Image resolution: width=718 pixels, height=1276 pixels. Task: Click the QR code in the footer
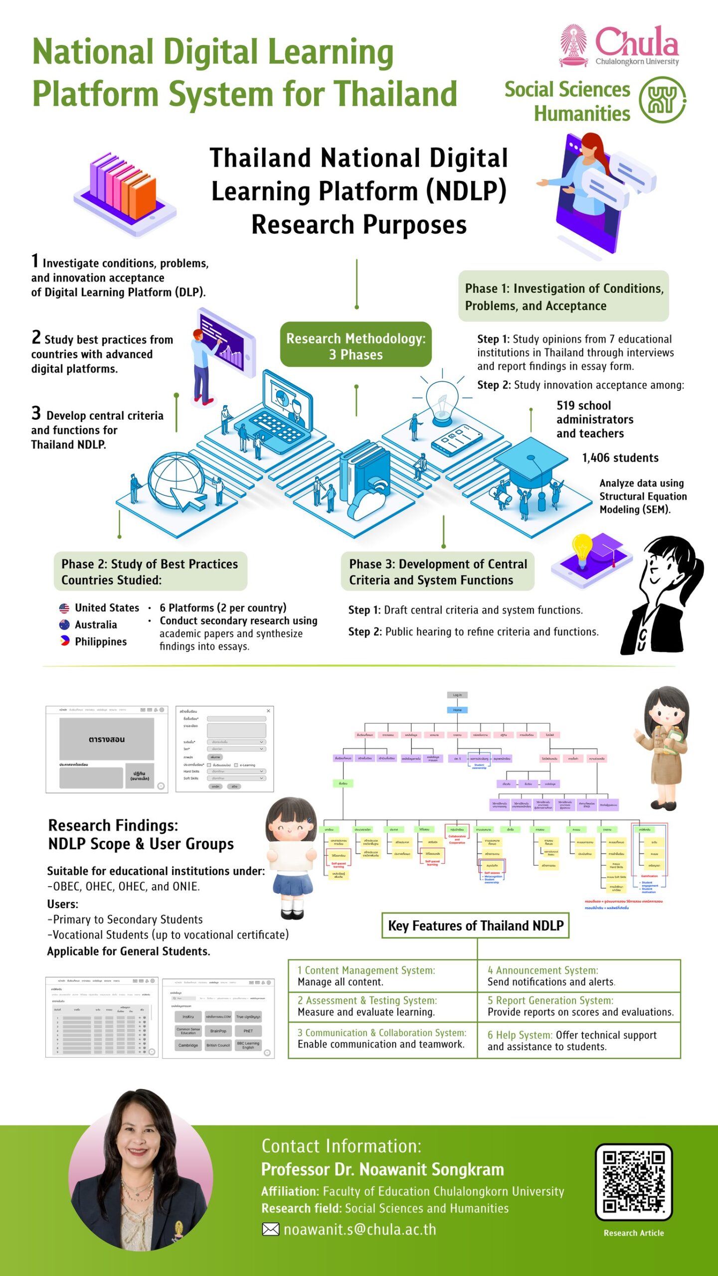coord(634,1182)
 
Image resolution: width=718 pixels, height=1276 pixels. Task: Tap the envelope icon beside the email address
coord(270,1230)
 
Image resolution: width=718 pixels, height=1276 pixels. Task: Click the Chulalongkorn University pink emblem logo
coord(573,45)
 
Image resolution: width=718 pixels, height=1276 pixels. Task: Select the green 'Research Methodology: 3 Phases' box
coord(356,345)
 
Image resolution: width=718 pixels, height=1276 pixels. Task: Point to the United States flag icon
coord(64,608)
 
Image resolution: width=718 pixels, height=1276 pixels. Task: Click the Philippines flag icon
coord(64,641)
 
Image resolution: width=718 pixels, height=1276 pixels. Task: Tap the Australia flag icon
coord(64,625)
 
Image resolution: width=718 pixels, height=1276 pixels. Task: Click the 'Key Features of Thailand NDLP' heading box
coord(475,926)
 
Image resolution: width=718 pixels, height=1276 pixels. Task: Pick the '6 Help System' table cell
coord(578,1041)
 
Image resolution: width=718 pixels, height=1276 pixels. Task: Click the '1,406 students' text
coord(620,458)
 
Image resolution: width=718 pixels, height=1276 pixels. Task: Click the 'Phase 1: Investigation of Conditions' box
coord(563,297)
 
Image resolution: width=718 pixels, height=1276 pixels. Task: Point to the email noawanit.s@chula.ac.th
coord(359,1230)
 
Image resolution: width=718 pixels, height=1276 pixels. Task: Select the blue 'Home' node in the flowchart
coord(457,710)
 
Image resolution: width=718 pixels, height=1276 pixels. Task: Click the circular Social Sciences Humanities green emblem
coord(662,100)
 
